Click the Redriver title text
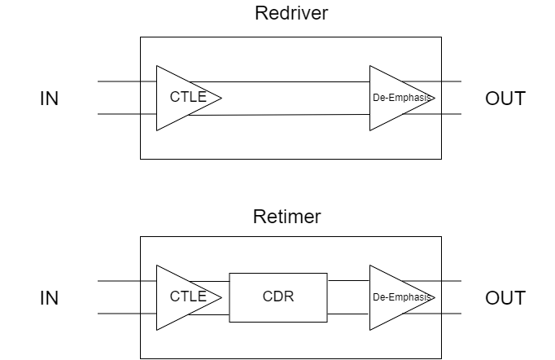pyautogui.click(x=291, y=14)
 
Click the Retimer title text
pyautogui.click(x=286, y=217)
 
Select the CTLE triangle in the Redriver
pyautogui.click(x=181, y=98)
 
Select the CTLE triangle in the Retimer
pyautogui.click(x=181, y=297)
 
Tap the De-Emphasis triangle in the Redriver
pyautogui.click(x=395, y=98)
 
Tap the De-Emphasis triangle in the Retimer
pyautogui.click(x=395, y=297)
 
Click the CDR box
pyautogui.click(x=278, y=297)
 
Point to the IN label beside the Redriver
pyautogui.click(x=50, y=99)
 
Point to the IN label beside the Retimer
pyautogui.click(x=50, y=298)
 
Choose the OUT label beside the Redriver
pyautogui.click(x=505, y=99)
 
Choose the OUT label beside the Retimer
pyautogui.click(x=505, y=298)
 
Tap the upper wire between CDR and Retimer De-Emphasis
pyautogui.click(x=348, y=281)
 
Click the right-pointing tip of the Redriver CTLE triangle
pyautogui.click(x=221, y=98)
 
